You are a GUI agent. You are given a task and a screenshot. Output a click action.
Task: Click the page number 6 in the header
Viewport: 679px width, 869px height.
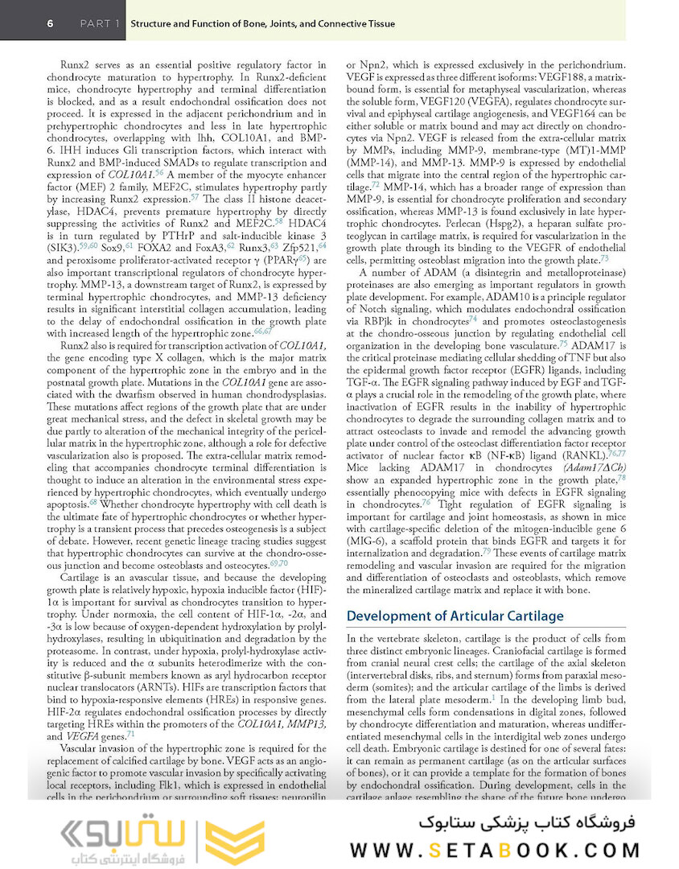pyautogui.click(x=50, y=23)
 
